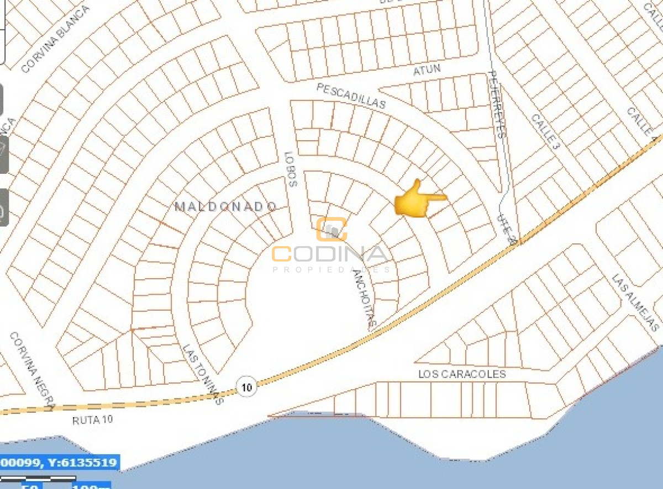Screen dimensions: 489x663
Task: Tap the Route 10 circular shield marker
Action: (x=247, y=387)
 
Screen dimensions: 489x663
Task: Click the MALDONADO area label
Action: (x=226, y=206)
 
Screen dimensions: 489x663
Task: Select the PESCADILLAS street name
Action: (x=351, y=95)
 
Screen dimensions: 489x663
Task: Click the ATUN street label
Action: (x=427, y=71)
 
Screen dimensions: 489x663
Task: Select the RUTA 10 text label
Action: (x=92, y=420)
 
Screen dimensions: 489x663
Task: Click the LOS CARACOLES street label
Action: (x=462, y=374)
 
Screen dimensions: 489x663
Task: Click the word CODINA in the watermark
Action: (x=331, y=254)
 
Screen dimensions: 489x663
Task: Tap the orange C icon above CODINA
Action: (x=331, y=229)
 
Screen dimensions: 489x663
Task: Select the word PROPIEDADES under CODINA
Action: (x=331, y=270)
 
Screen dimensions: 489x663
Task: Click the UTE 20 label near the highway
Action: (x=507, y=228)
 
